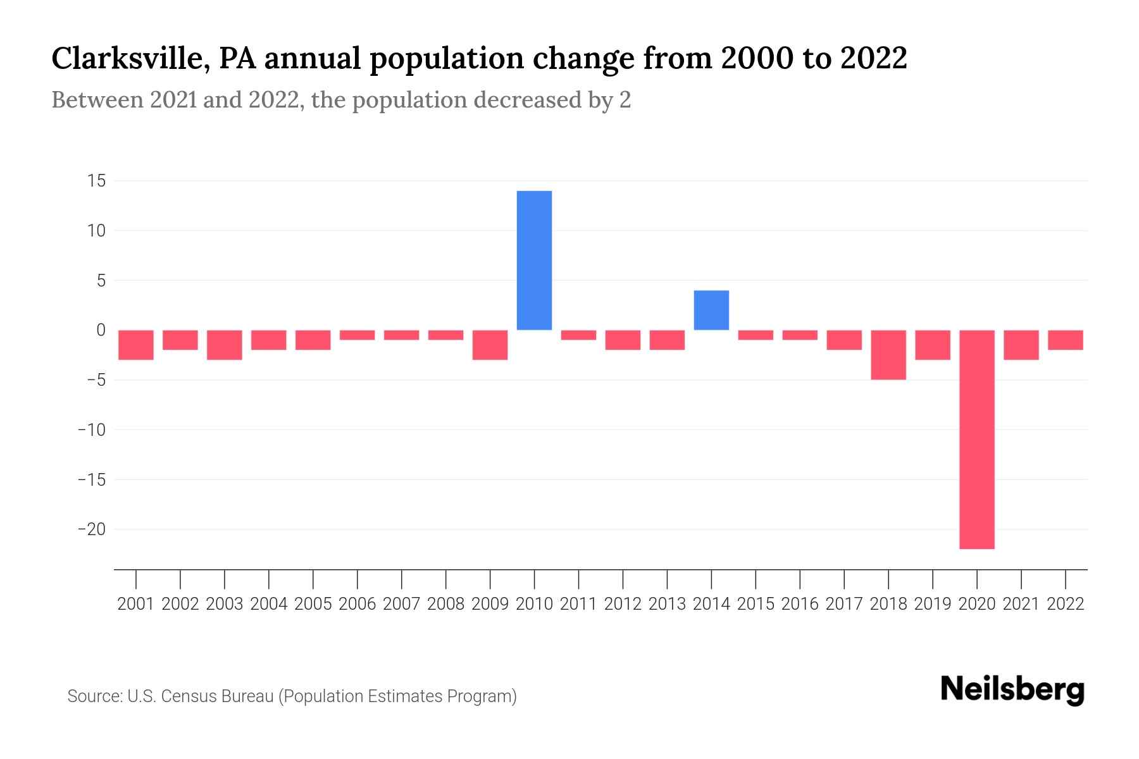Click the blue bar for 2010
tap(534, 260)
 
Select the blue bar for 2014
tap(711, 310)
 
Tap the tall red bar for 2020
tap(976, 439)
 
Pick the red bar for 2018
tap(888, 354)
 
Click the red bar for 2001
tap(136, 345)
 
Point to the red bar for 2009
tap(490, 345)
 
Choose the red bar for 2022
tap(1066, 340)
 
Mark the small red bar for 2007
tap(401, 335)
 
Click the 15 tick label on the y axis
tap(96, 181)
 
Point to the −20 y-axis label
tap(91, 529)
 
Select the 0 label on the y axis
tap(101, 330)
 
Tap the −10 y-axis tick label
tap(91, 430)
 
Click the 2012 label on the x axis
tap(623, 604)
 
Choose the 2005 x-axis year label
tap(313, 604)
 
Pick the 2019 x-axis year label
tap(933, 604)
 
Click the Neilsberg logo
tap(1012, 689)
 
